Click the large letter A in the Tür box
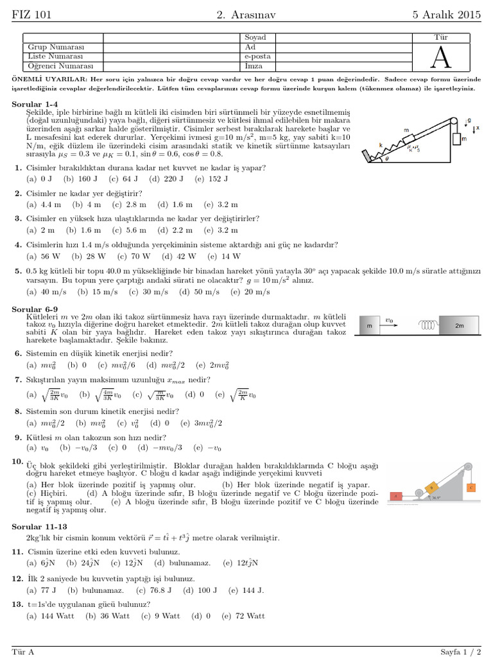(440, 57)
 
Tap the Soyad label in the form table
(255, 38)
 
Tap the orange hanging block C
(472, 488)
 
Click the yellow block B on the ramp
(432, 488)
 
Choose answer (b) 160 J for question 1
(85, 178)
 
